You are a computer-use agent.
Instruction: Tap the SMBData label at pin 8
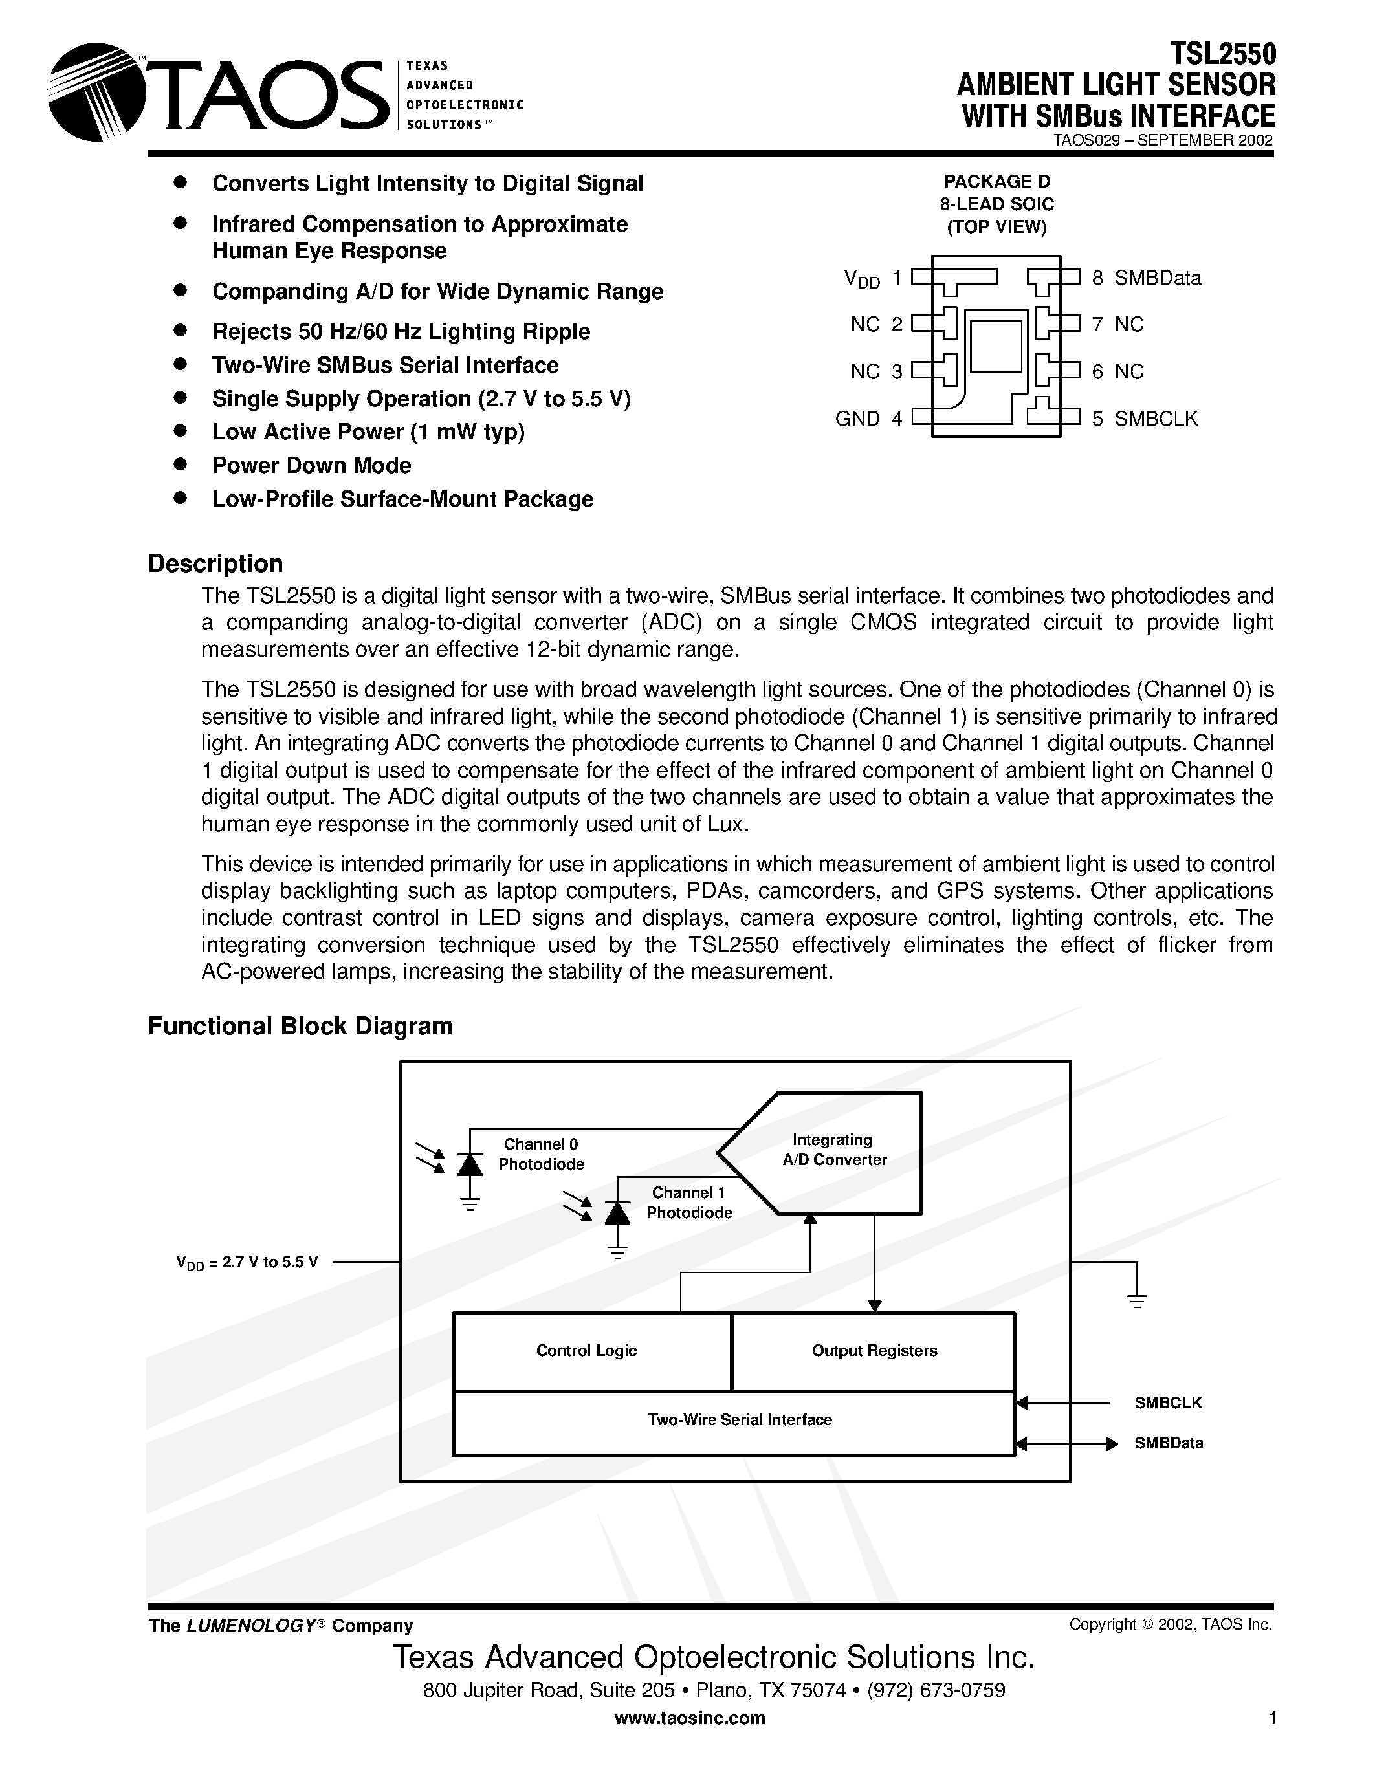click(x=1158, y=279)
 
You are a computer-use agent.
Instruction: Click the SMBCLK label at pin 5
click(x=1156, y=419)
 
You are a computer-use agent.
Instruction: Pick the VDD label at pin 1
click(x=862, y=279)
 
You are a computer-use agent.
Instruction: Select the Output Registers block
click(x=874, y=1351)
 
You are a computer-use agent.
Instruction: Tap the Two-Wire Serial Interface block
click(x=740, y=1421)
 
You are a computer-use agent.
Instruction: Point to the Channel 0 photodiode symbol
click(x=470, y=1165)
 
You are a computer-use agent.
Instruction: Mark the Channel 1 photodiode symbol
click(x=617, y=1213)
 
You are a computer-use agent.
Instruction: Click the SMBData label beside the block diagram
click(x=1168, y=1443)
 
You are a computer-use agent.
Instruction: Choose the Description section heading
click(x=215, y=563)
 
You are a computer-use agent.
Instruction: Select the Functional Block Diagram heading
click(x=300, y=1025)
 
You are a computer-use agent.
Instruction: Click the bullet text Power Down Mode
click(x=311, y=465)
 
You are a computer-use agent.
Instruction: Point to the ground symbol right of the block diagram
click(x=1137, y=1300)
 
